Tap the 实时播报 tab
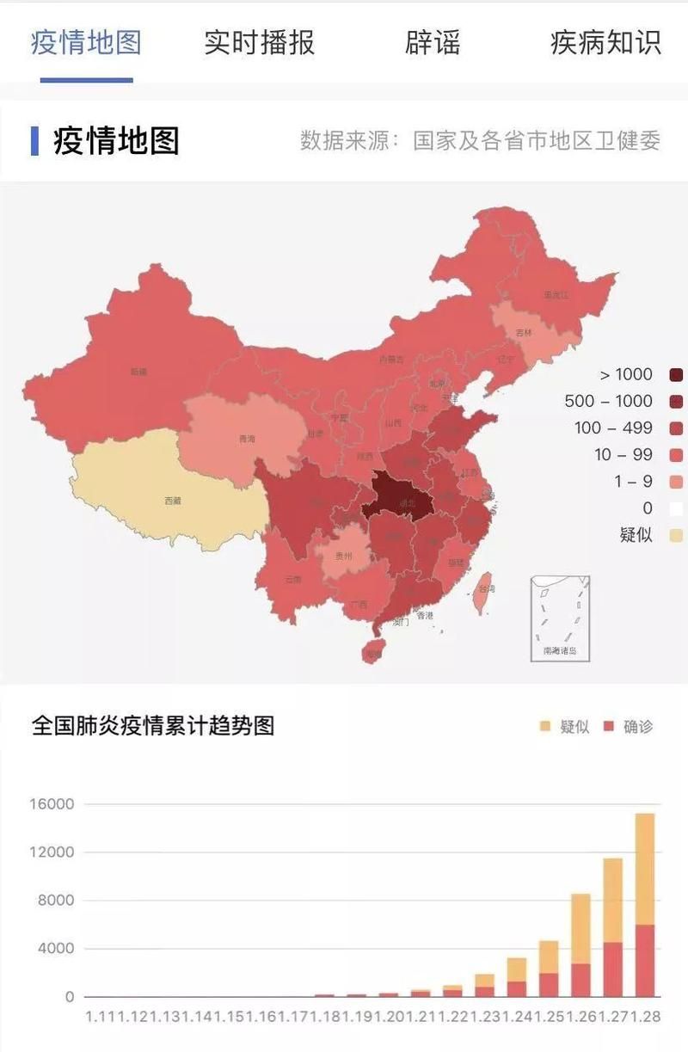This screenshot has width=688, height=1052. coord(259,43)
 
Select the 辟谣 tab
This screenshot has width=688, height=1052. coord(433,43)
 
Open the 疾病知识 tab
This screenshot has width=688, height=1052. coord(605,43)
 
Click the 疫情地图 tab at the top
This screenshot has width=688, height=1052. coord(86,43)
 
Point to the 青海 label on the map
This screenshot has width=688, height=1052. coord(247,440)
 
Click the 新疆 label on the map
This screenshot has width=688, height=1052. coord(138,372)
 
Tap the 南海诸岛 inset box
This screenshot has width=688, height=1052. coord(560,618)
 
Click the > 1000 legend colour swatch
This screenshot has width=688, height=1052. coord(676,374)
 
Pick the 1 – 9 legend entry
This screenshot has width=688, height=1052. coord(633,482)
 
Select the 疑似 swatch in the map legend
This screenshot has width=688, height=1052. coord(676,535)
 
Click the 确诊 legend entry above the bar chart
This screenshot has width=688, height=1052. coord(629,726)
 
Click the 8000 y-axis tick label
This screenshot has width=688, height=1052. coord(56,901)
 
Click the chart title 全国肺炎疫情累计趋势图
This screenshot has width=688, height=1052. coord(153,725)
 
